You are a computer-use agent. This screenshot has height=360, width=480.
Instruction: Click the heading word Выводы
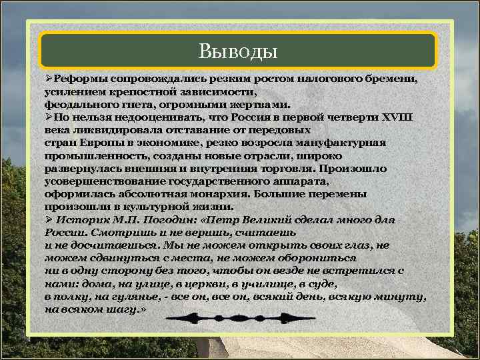(x=238, y=51)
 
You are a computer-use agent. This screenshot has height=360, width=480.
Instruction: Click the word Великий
(x=277, y=220)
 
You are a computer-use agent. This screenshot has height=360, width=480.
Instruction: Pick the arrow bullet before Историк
(x=49, y=220)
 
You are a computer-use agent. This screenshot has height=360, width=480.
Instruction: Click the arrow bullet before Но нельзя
(x=49, y=118)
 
